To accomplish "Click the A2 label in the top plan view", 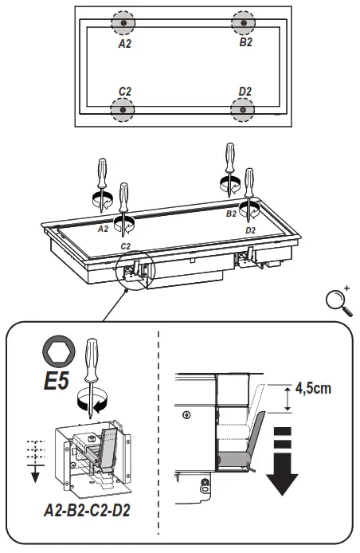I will (125, 45).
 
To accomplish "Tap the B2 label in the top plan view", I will (245, 41).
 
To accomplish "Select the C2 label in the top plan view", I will (124, 92).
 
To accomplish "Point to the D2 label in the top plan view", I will (245, 92).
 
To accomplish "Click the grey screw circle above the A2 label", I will (123, 23).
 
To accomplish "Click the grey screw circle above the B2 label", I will (243, 23).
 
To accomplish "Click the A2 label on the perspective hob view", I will (102, 228).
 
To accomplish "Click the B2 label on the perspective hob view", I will (231, 214).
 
